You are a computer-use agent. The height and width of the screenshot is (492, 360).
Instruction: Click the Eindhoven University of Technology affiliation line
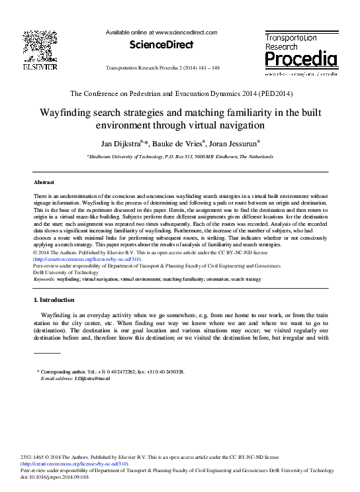(x=179, y=156)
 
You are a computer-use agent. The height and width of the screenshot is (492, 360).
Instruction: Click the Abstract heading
(x=44, y=181)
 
